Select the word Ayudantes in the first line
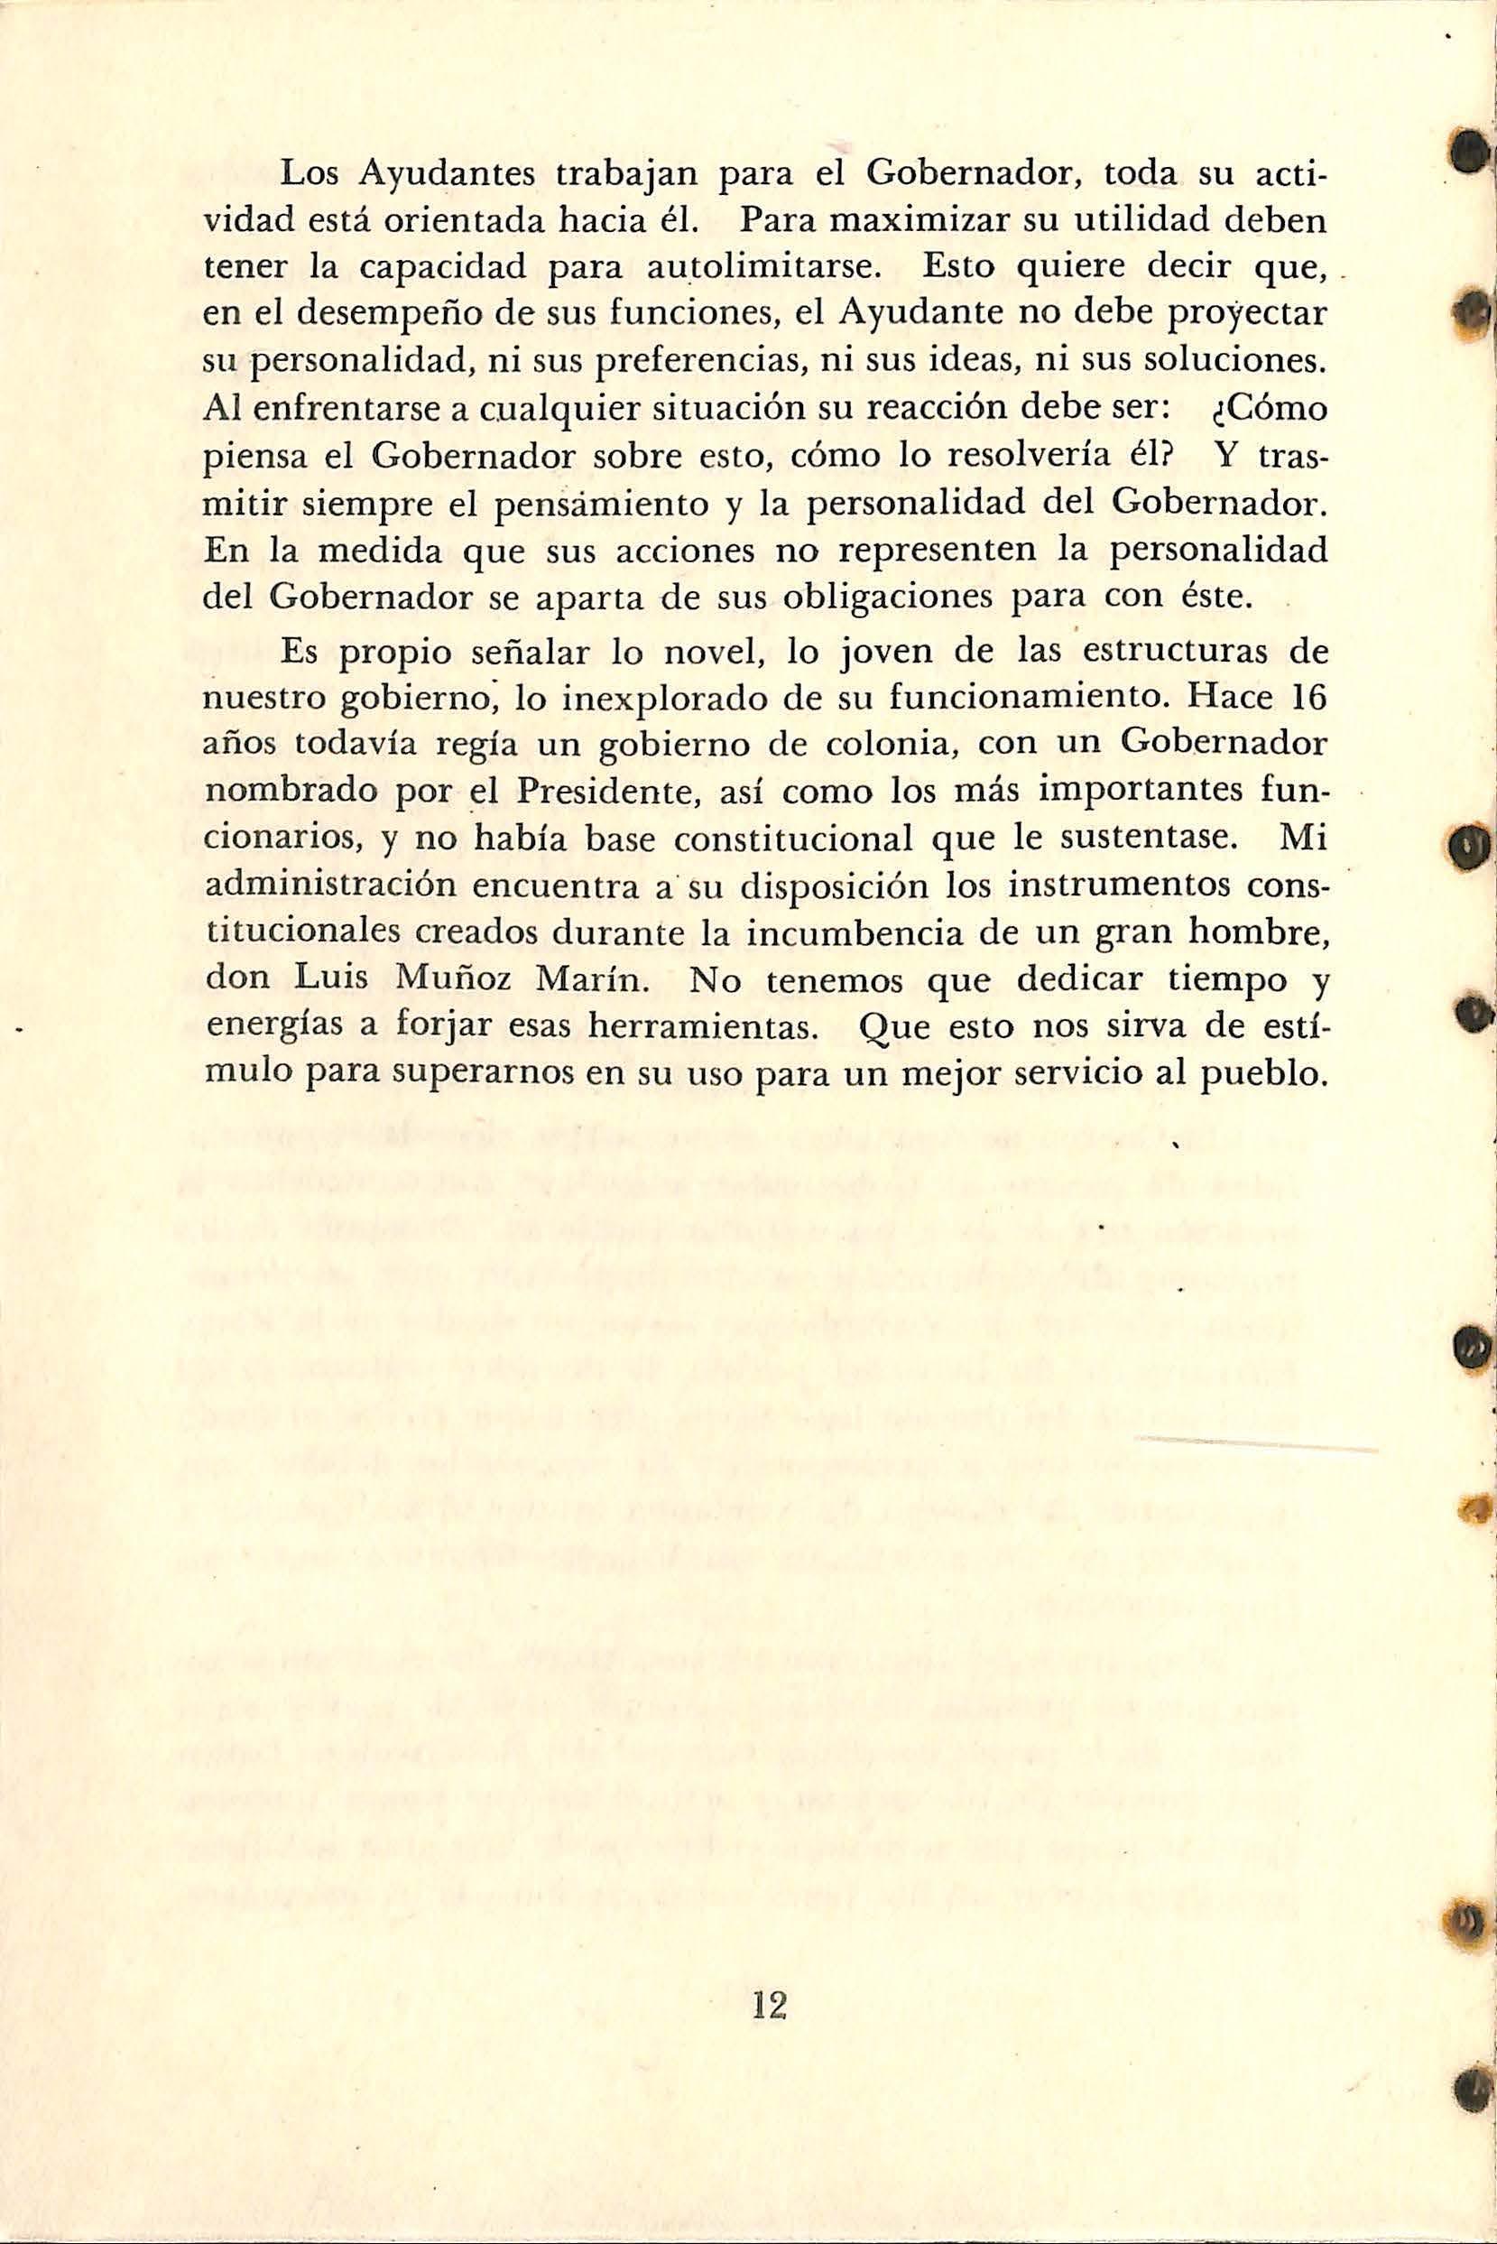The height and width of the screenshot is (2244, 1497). (449, 178)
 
